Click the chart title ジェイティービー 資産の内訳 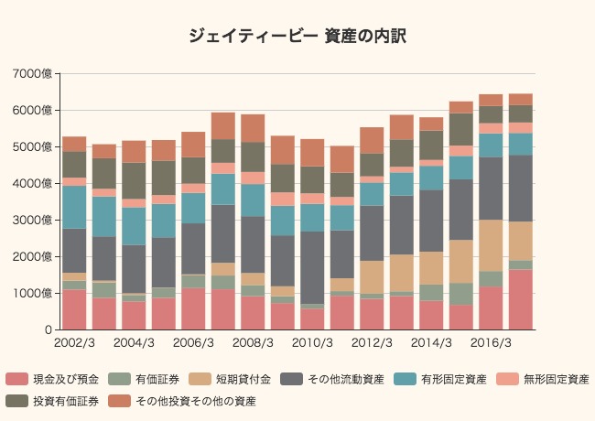coord(297,36)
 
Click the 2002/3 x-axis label coord(74,343)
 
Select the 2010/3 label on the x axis coord(312,343)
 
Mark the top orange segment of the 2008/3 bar coord(253,128)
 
